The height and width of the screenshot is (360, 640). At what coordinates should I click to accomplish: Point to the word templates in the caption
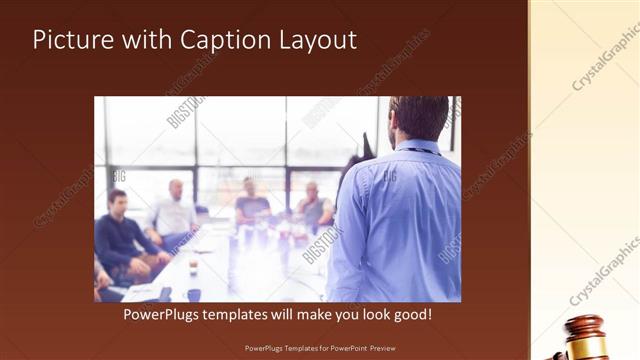[256, 314]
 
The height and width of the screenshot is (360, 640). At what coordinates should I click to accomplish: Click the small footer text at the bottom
[319, 349]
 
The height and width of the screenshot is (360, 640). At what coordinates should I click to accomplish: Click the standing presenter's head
[419, 118]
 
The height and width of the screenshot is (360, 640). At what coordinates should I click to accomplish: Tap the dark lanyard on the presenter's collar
[420, 150]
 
